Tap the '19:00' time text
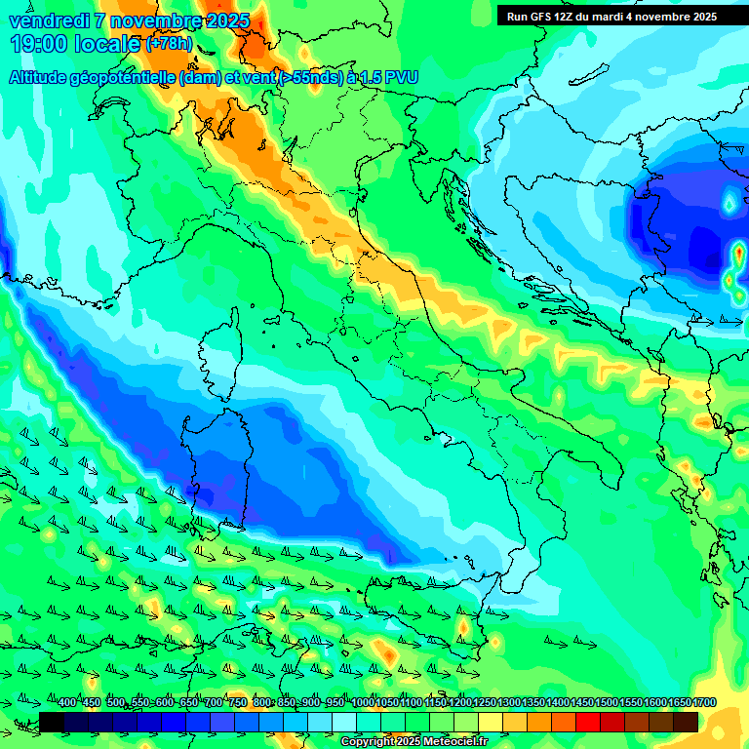38,44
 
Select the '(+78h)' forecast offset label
169,44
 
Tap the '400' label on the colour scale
67,702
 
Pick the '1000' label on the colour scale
363,702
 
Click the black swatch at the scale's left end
52,722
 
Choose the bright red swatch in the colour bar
588,722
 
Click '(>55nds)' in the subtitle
310,77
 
